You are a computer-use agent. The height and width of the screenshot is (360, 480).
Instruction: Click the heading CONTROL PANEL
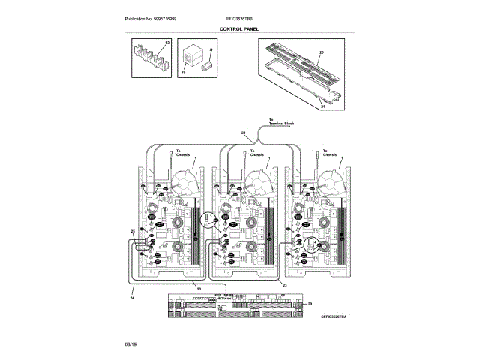point(239,28)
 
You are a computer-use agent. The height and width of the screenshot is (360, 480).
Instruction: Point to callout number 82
point(168,43)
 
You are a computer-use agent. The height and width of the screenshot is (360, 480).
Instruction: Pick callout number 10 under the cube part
point(182,72)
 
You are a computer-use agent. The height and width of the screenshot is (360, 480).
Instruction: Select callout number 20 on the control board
point(321,52)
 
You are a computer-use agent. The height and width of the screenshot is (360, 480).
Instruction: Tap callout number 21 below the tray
point(323,106)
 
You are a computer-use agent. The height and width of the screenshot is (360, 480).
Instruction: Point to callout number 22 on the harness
point(243,133)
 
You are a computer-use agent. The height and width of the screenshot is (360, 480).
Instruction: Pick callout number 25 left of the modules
point(133,231)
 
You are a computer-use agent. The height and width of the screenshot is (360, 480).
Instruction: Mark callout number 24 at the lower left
point(131,297)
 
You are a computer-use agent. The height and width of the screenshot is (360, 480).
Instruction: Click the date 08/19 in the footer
point(130,343)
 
